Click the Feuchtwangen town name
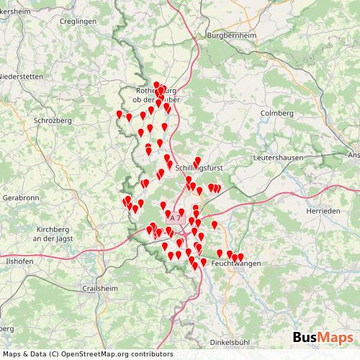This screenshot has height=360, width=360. click(235, 265)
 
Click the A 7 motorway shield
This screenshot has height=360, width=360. click(176, 217)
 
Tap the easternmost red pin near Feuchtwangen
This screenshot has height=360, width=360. click(240, 257)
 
